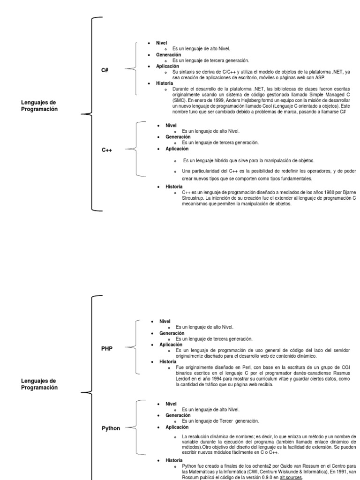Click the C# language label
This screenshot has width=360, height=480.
click(x=105, y=70)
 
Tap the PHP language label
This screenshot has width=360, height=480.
click(x=107, y=348)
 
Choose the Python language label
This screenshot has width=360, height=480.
click(x=111, y=428)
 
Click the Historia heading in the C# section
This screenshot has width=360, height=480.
click(x=165, y=83)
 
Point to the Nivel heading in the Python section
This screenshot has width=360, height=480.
click(x=171, y=404)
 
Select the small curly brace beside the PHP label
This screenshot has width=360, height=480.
click(x=135, y=347)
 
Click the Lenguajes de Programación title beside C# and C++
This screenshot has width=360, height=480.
click(x=39, y=105)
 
